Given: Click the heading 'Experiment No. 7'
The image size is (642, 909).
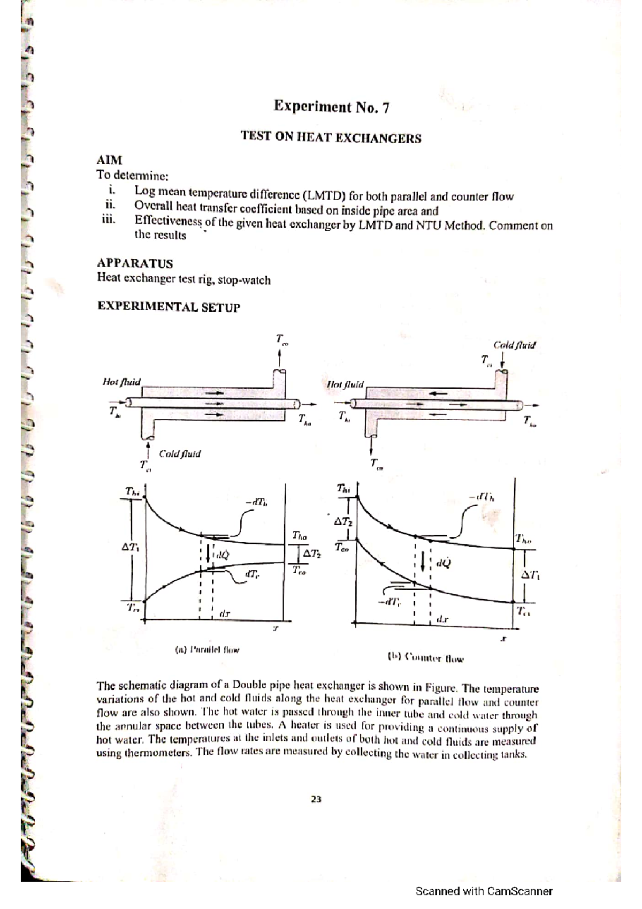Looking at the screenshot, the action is coord(331,107).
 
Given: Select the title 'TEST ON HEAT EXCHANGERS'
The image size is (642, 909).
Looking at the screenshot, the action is coord(331,138).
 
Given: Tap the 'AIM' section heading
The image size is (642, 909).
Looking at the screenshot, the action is coord(109,160).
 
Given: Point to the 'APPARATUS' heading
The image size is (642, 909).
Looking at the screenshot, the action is coord(135,263).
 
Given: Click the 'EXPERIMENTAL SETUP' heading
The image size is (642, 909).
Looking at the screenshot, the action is coord(169,307).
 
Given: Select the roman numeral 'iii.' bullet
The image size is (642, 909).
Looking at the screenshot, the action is coord(109,219).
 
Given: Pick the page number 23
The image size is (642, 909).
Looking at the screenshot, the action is coord(316,799).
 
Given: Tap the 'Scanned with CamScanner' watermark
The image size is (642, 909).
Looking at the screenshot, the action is coord(484,891).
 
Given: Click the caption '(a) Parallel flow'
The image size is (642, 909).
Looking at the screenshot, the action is coord(207,650).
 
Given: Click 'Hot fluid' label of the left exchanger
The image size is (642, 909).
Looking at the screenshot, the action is coord(121,382).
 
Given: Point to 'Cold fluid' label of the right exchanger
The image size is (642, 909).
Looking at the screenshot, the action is coord(514,345).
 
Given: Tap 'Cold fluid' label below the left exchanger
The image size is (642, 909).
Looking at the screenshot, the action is coord(180,453).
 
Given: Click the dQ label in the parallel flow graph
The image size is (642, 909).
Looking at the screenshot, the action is coord(221,555).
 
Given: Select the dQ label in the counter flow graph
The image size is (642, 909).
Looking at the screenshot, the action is coord(443,563).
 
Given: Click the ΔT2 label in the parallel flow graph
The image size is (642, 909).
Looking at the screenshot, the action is coord(312,554).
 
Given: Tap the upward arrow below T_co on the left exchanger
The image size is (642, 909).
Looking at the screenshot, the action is coord(280,358).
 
